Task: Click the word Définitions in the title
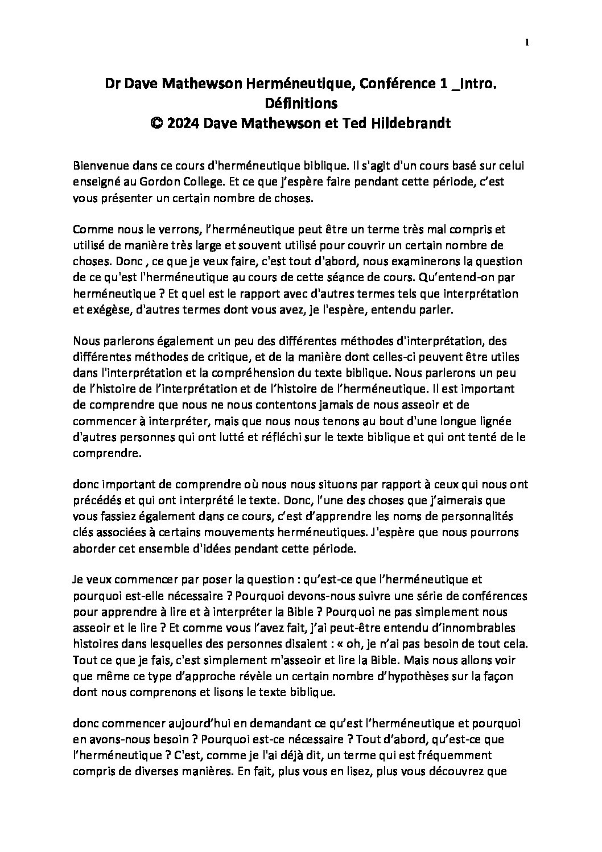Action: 301,103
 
